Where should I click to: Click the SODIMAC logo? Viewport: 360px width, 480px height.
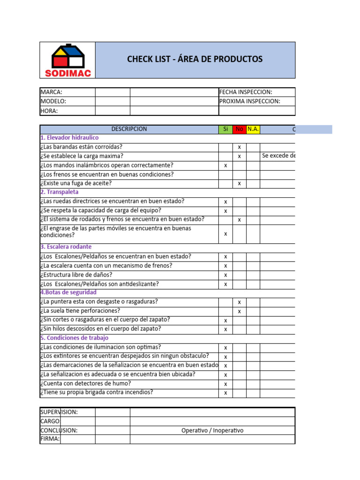tap(67, 60)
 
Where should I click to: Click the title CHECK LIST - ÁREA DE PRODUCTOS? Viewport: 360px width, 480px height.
tap(195, 59)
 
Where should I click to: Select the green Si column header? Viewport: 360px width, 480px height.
tap(225, 129)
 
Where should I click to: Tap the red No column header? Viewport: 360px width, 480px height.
tap(239, 129)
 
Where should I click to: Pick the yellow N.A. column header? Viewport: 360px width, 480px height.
tap(253, 129)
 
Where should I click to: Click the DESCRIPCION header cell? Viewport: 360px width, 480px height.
tap(129, 129)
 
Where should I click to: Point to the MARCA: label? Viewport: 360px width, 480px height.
tap(52, 92)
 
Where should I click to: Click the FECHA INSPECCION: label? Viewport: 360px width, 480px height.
tap(246, 92)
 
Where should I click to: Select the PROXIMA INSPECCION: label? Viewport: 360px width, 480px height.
tap(249, 101)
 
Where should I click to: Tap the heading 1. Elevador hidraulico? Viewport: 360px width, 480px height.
tap(69, 138)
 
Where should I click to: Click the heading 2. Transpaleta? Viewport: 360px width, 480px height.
tap(60, 192)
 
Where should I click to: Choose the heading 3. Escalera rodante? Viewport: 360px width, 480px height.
tap(66, 247)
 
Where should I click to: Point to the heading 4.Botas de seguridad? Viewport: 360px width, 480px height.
tap(68, 292)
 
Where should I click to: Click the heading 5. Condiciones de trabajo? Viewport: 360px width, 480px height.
tap(74, 338)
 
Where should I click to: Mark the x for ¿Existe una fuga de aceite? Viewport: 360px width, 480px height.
tap(239, 183)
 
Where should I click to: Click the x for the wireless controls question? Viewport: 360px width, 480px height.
tap(225, 165)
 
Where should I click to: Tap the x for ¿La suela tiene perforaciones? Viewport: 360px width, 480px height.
tap(239, 311)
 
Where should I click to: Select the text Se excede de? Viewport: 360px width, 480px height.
tap(279, 156)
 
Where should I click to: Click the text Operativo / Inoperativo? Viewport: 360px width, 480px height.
tap(212, 430)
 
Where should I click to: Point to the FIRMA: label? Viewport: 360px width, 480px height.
tap(50, 439)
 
